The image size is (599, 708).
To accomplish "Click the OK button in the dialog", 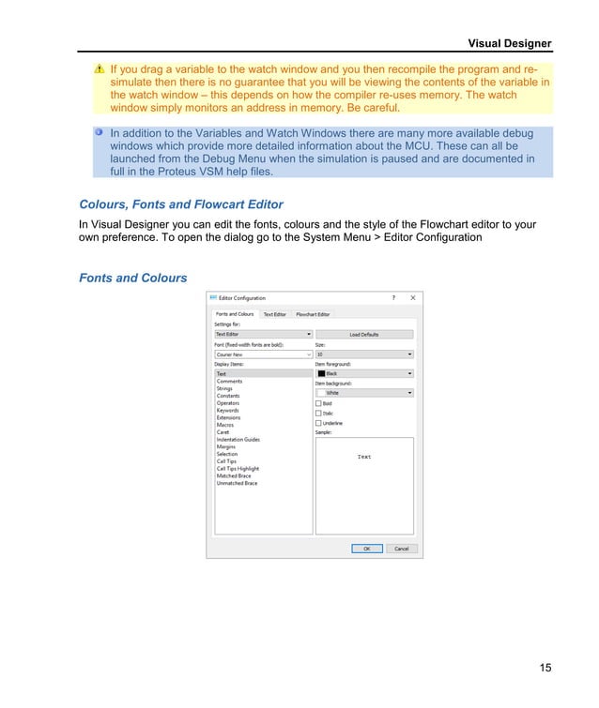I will coord(366,549).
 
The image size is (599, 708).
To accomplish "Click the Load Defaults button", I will coord(364,334).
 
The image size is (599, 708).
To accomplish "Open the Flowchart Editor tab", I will coord(312,314).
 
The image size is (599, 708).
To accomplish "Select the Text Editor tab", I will coord(274,314).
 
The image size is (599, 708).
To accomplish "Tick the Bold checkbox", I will coord(319,403).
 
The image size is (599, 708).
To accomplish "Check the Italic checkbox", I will coord(319,414).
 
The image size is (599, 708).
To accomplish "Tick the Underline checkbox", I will coord(319,423).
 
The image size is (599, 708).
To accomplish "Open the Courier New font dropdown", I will coord(263,355).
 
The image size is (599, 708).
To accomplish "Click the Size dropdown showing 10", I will coord(364,355).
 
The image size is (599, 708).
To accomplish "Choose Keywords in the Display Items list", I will coord(227,411).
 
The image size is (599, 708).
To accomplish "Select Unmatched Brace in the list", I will coord(237,483).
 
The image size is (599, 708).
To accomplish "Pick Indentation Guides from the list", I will coord(238,440).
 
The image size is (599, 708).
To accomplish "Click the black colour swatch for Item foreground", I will coord(321,373).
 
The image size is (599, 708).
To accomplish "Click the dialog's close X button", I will coord(413,298).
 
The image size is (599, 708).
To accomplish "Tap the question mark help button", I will coord(392,298).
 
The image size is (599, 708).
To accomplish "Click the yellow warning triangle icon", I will coord(100,69).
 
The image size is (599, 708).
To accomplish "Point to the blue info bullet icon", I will coord(100,132).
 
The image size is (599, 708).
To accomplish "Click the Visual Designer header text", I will coord(510,43).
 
